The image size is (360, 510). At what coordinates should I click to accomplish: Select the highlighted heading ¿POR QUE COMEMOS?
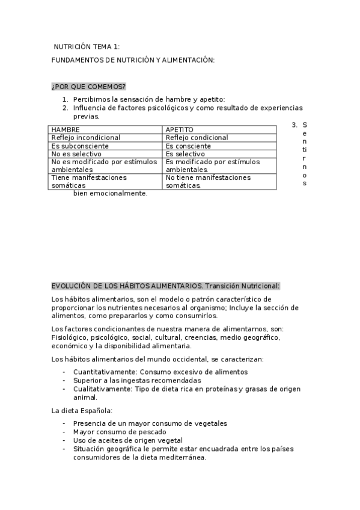pos(88,87)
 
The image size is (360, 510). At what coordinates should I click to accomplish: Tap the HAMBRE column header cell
pos(66,129)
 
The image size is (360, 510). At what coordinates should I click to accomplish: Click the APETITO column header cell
pos(180,129)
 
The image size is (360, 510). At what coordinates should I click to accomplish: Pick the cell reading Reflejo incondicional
pos(86,138)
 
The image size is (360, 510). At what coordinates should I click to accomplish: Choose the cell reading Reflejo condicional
pos(197,138)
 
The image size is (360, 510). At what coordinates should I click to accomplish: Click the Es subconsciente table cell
pos(80,146)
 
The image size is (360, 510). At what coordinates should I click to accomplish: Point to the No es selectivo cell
pos(77,154)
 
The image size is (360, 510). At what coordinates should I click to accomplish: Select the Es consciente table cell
pos(189,146)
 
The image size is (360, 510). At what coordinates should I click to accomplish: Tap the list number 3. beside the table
pos(294,125)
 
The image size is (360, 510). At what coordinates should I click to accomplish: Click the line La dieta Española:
pos(82,411)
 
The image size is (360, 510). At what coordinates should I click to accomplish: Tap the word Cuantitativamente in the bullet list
pos(103,372)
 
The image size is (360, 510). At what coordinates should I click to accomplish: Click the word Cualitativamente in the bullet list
pos(100,389)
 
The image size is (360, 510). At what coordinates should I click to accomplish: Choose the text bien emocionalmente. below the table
pos(110,194)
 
